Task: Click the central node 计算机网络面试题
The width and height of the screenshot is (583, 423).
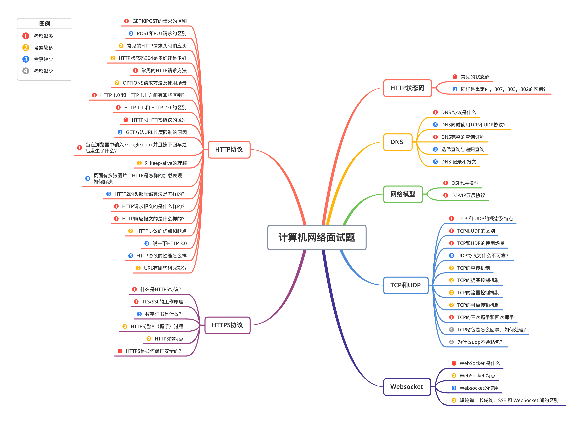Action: click(x=317, y=237)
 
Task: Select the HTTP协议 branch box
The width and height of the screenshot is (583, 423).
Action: click(x=229, y=150)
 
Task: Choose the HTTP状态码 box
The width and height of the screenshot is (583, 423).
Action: click(x=407, y=88)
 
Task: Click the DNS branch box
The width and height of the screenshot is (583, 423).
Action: click(x=398, y=142)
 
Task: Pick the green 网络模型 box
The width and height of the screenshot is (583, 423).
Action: click(x=403, y=194)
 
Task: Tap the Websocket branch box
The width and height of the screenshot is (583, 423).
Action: click(x=407, y=387)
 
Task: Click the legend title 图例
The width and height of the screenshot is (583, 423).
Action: click(x=44, y=24)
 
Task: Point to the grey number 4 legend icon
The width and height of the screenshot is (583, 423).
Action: click(x=26, y=71)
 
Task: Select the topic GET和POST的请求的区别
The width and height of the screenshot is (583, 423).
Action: click(x=159, y=21)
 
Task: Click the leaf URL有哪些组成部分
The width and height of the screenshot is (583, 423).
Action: click(x=165, y=268)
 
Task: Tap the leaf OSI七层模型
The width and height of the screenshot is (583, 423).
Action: click(x=465, y=183)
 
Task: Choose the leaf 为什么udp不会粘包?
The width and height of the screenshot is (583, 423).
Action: click(x=480, y=342)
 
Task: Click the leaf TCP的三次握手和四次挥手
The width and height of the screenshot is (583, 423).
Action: click(x=485, y=317)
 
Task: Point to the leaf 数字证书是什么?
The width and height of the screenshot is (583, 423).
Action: click(x=163, y=314)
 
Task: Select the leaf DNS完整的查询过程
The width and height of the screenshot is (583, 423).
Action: click(x=463, y=137)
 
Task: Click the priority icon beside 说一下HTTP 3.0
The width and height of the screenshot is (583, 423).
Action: click(x=147, y=243)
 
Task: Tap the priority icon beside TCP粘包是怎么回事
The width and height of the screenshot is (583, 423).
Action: click(x=451, y=330)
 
